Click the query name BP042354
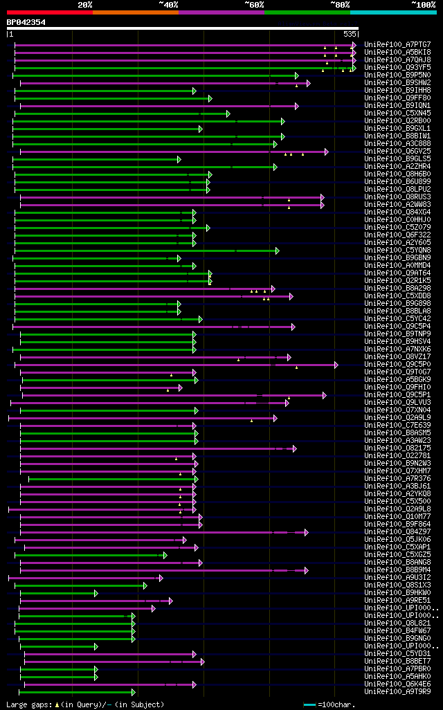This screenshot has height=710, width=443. click(26, 22)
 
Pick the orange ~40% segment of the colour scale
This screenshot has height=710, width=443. click(135, 12)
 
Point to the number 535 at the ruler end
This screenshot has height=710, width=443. click(350, 34)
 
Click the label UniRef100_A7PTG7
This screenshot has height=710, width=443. click(397, 45)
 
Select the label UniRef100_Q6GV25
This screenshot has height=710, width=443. click(397, 152)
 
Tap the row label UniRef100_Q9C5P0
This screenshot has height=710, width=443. click(397, 365)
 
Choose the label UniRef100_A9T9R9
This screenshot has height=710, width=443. click(397, 692)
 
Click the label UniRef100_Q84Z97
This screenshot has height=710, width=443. click(397, 532)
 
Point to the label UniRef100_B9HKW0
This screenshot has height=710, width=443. click(397, 593)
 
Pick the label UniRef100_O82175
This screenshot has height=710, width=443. click(397, 448)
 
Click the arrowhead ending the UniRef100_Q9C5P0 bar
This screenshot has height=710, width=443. click(336, 365)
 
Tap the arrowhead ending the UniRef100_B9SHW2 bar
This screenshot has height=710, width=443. click(308, 83)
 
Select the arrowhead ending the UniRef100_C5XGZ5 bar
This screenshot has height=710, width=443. click(165, 555)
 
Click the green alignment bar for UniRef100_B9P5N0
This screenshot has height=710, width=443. click(152, 75)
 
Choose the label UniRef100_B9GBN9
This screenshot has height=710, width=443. click(397, 258)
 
